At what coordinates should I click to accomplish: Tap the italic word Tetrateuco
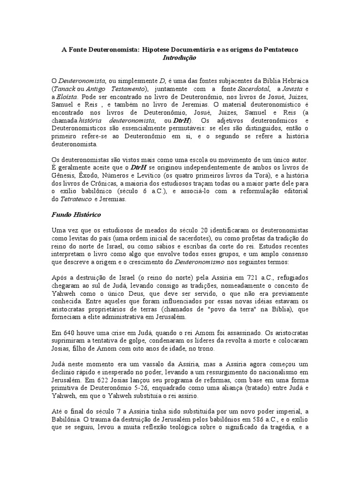coord(74,199)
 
